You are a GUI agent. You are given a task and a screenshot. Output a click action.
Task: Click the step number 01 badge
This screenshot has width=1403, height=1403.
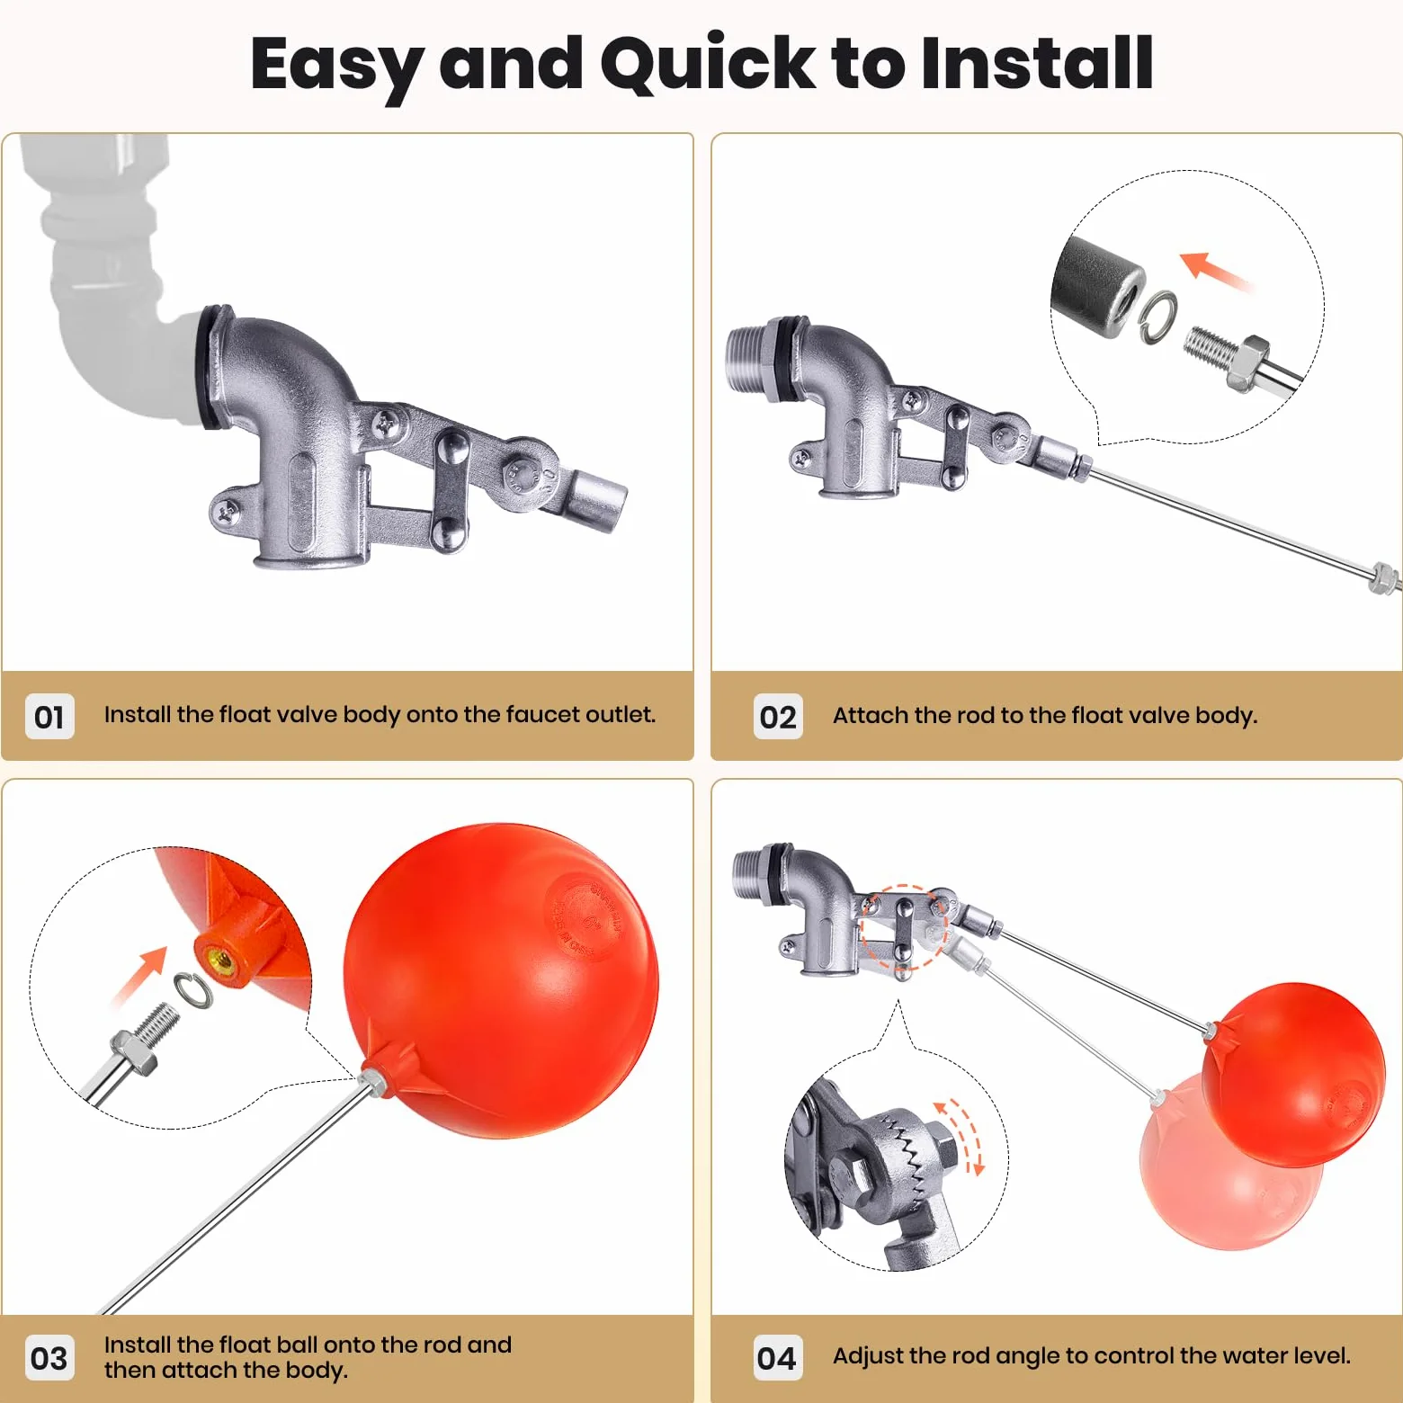49,717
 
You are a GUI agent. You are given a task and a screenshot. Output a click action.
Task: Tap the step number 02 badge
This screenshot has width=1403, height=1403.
778,717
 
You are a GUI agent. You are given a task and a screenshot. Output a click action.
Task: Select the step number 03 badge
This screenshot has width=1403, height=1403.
49,1358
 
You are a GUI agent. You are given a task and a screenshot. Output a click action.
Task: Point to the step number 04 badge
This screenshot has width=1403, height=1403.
778,1358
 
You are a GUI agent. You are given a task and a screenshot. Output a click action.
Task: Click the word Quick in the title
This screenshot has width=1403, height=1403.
708,65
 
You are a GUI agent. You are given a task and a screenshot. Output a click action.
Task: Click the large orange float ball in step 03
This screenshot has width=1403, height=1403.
501,980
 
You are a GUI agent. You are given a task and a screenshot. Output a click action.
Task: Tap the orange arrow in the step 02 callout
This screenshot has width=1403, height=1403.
1214,270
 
